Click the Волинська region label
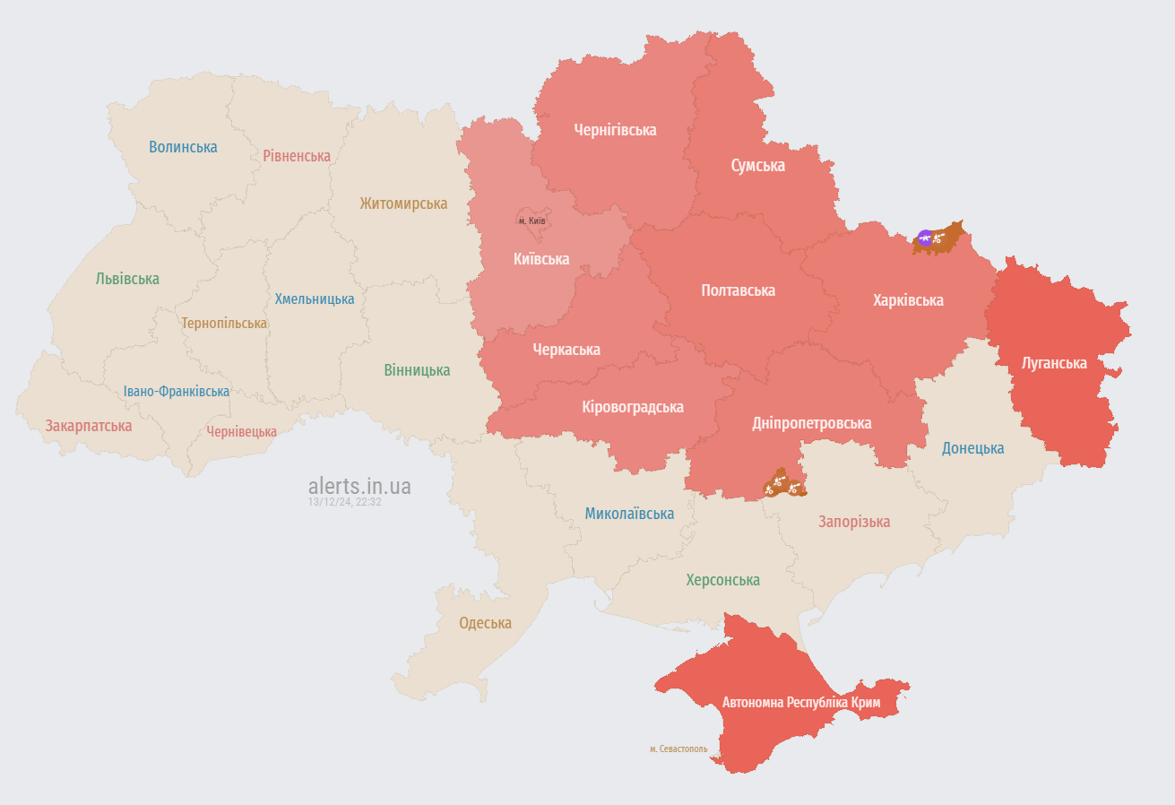183,147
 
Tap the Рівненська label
297,156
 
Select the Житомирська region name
403,203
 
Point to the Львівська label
127,279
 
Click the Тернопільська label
224,323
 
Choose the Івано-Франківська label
177,392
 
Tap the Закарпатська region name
89,426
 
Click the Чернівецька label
242,432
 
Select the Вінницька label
417,370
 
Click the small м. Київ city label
532,221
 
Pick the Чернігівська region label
615,130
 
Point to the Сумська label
757,166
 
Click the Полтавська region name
738,290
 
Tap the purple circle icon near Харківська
924,238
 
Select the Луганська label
1054,363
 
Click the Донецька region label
972,448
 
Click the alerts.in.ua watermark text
359,486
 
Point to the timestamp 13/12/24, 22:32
345,502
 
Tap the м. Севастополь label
678,749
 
